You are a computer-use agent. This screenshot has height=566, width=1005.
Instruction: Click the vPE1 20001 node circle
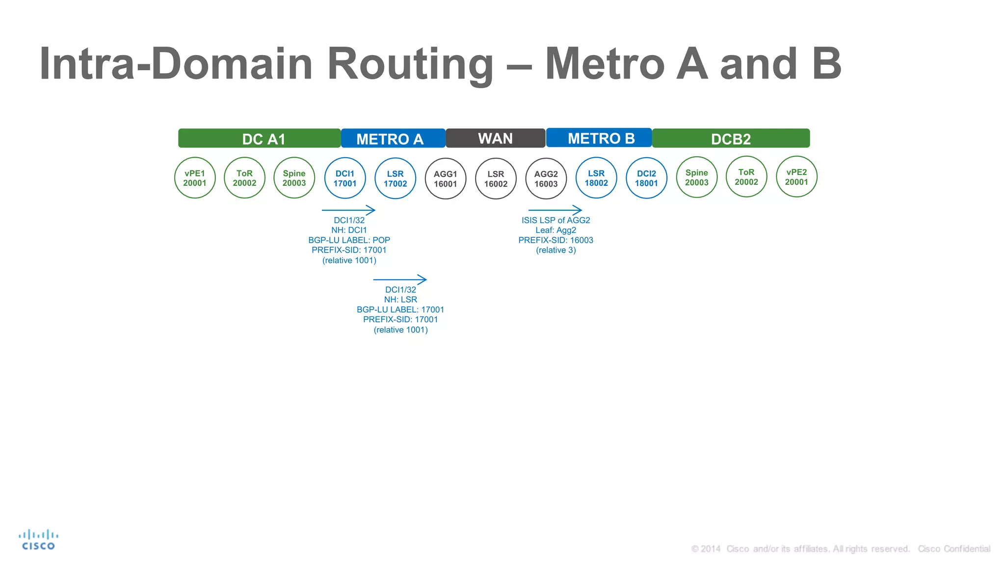[195, 178]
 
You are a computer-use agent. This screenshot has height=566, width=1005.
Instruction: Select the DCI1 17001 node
[345, 178]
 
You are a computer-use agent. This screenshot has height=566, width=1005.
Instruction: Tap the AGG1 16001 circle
[445, 179]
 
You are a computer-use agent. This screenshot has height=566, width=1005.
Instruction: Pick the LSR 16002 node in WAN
[496, 179]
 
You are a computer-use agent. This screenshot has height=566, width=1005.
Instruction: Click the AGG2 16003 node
[546, 179]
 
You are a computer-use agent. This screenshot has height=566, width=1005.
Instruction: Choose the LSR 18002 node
[596, 178]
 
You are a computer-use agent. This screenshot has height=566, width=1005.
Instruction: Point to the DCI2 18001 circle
[646, 178]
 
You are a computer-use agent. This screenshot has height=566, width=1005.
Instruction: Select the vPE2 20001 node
[796, 177]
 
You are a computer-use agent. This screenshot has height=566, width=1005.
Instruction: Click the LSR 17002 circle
[395, 178]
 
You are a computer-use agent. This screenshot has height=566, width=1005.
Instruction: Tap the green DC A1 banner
[259, 139]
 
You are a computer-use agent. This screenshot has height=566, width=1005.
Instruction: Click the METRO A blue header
[393, 139]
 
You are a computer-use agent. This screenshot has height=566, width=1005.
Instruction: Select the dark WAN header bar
[495, 138]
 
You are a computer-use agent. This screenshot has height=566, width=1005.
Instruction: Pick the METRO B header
[599, 138]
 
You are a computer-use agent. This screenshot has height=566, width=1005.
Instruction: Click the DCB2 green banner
[731, 139]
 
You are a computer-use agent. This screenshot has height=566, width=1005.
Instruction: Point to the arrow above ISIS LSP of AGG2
[555, 210]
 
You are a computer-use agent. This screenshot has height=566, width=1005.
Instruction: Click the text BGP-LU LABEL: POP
[349, 240]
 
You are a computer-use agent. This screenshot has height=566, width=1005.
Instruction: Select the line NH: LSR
[400, 300]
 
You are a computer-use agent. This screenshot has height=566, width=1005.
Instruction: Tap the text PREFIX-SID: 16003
[555, 240]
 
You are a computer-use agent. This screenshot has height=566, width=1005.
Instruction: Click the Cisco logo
[38, 539]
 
